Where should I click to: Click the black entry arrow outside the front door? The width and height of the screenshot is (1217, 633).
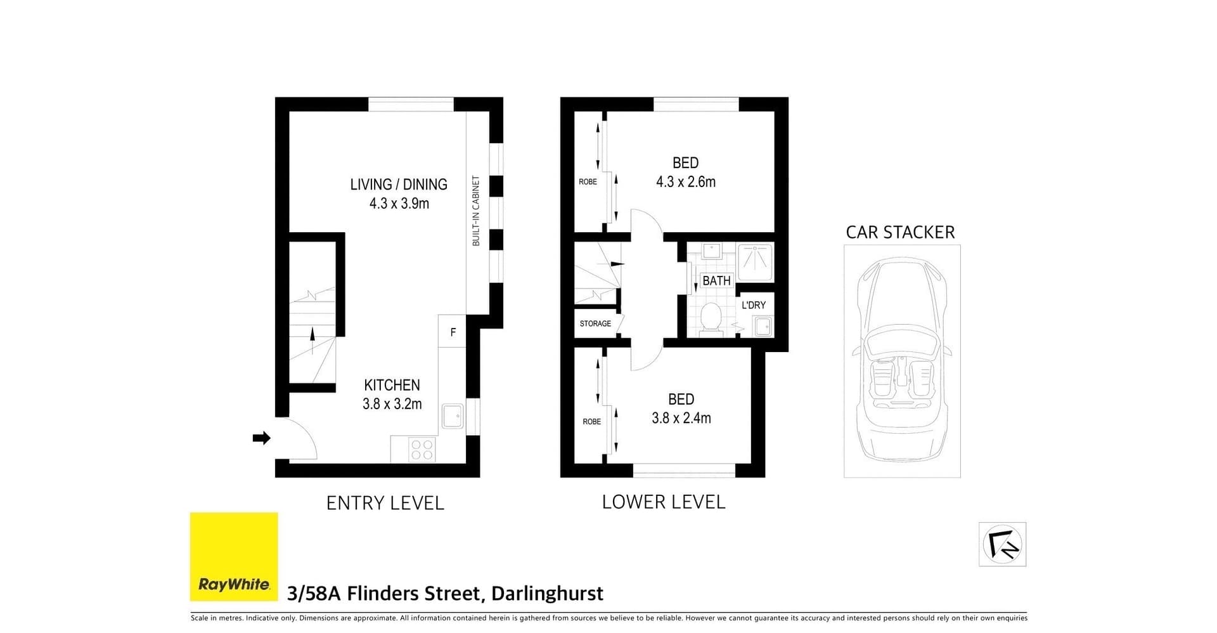(261, 438)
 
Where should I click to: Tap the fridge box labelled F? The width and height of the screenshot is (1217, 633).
(453, 332)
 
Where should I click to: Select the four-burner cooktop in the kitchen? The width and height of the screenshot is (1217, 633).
(422, 450)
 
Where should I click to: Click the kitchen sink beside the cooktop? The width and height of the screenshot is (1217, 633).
(453, 417)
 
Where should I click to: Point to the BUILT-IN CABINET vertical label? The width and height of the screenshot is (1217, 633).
(476, 211)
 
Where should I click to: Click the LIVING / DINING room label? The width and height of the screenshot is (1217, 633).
(399, 185)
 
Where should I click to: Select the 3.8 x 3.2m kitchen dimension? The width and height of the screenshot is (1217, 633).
(392, 404)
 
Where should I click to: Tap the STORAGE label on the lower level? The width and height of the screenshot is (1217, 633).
(595, 323)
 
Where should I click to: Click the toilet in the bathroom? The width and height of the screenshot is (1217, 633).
(711, 317)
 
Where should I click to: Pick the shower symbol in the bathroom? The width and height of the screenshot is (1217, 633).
(755, 261)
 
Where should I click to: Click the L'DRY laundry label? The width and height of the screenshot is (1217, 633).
(754, 305)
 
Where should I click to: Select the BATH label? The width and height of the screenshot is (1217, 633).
(716, 280)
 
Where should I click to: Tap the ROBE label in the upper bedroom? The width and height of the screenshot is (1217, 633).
(588, 182)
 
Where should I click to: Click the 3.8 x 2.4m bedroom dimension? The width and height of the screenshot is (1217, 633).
(681, 419)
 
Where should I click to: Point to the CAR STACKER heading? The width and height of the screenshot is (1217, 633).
(900, 232)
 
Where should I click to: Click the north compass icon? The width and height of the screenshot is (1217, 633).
(1002, 544)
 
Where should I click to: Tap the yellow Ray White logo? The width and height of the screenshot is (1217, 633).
(234, 556)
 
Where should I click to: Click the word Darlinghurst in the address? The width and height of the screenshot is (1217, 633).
(547, 594)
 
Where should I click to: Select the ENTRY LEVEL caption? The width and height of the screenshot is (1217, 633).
(385, 503)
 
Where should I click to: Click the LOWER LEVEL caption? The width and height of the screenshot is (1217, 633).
(663, 502)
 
